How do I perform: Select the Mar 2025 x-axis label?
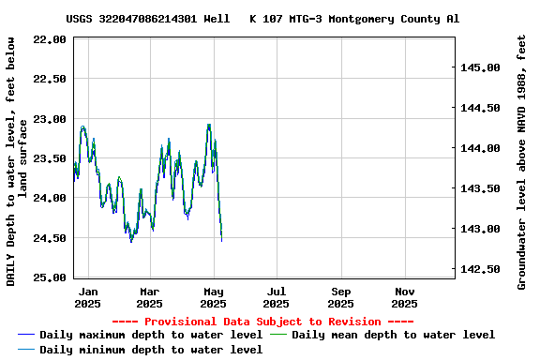point(150,297)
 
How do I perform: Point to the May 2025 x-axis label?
point(214,297)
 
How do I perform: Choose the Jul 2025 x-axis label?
point(277,297)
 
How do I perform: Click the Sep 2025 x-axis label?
point(341,297)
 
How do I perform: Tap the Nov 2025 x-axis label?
point(404,297)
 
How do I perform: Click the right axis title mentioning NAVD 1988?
point(522,161)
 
